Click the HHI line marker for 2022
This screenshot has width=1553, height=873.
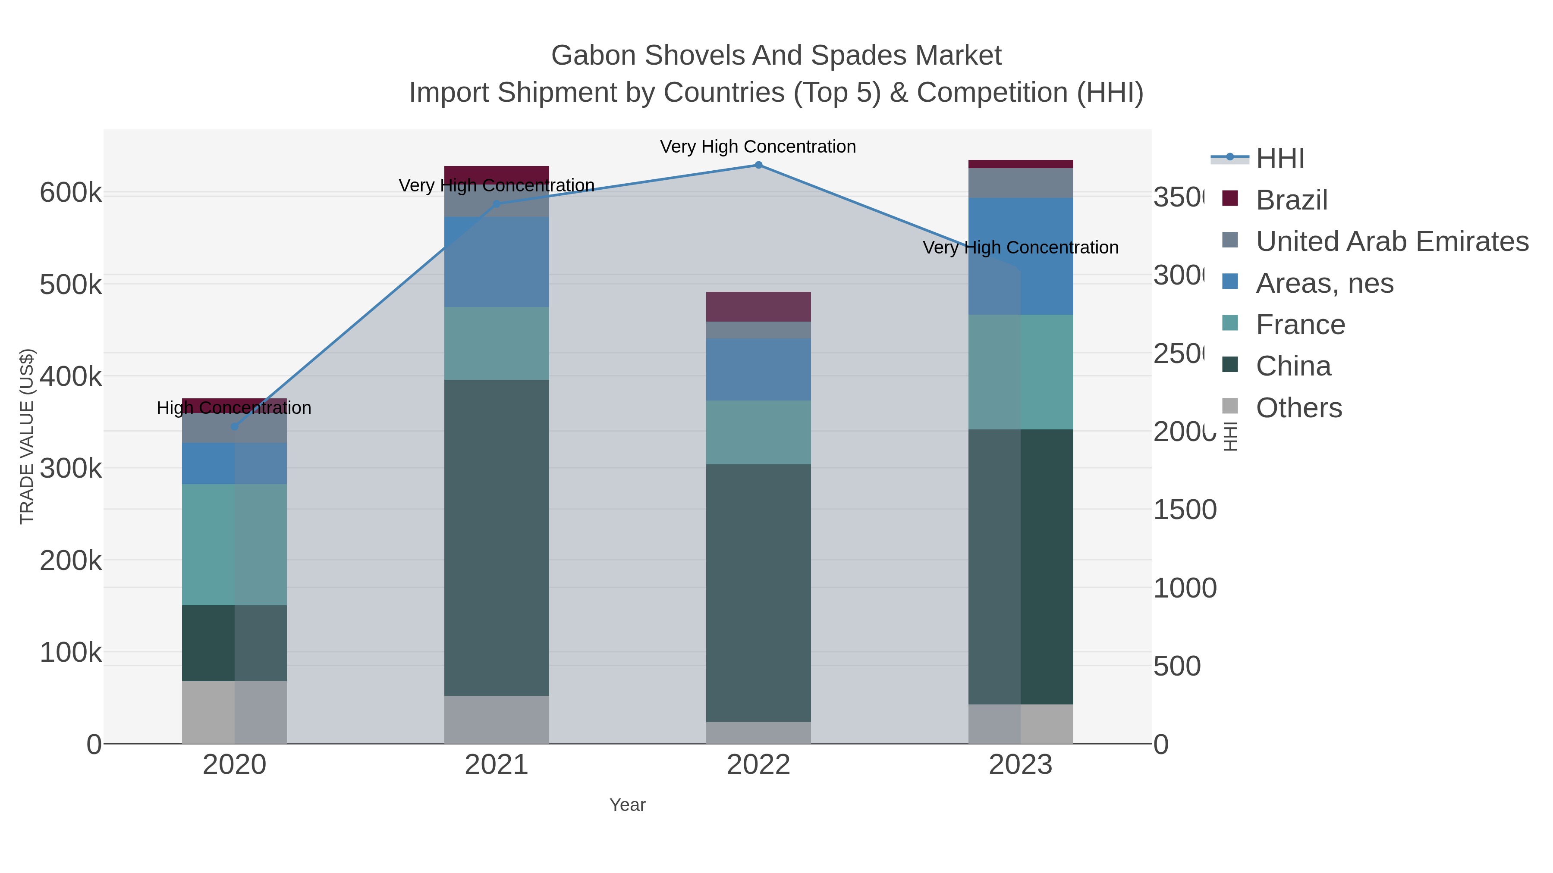point(758,165)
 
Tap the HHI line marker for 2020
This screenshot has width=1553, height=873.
point(235,426)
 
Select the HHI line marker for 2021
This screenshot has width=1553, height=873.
point(497,204)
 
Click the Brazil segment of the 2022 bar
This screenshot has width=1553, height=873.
point(758,307)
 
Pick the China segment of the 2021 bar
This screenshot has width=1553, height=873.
point(497,538)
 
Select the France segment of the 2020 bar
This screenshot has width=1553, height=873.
point(235,544)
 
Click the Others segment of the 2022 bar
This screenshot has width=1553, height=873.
point(758,732)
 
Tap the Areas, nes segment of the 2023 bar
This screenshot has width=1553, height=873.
point(1021,256)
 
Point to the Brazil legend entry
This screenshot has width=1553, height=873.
point(1291,200)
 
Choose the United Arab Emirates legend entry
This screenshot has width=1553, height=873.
point(1391,241)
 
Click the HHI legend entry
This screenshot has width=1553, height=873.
point(1280,159)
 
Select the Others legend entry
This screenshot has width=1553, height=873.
point(1298,408)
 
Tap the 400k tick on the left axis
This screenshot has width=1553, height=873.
point(71,377)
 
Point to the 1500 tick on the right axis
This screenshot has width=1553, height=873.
point(1185,510)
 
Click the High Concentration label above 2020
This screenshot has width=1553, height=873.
point(235,408)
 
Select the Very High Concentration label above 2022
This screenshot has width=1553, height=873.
point(758,147)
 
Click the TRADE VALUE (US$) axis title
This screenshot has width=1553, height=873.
point(27,436)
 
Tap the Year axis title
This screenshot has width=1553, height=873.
point(628,805)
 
